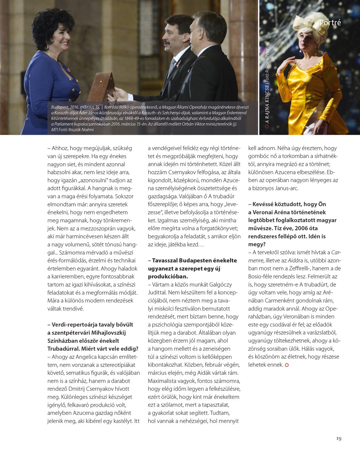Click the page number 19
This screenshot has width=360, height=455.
[339, 438]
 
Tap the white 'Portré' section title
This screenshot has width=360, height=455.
[330, 23]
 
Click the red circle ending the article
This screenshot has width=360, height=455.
[287, 365]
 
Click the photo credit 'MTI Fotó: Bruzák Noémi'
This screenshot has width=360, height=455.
[72, 130]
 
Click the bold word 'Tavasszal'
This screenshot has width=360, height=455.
[166, 260]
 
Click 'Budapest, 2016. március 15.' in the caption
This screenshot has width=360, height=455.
[75, 107]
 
